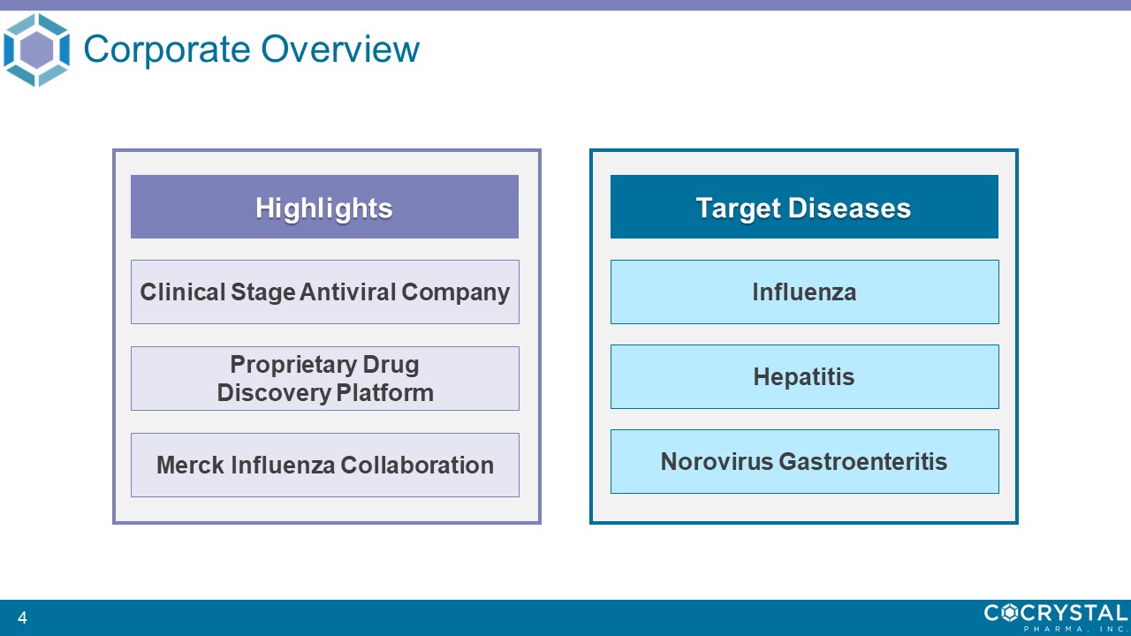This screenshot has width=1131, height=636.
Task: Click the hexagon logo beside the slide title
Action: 36,49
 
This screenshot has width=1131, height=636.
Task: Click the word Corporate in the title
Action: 167,49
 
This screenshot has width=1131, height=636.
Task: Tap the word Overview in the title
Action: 340,49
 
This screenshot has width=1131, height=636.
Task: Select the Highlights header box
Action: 324,207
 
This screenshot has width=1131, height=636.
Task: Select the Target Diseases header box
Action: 804,207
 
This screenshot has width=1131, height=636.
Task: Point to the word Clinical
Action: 182,291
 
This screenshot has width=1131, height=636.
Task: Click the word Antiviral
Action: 348,291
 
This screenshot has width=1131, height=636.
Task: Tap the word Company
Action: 455,292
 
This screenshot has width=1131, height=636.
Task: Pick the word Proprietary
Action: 294,365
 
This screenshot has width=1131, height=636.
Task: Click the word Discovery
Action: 274,393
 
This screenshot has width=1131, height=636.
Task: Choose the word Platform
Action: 384,393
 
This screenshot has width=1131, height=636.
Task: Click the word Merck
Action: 190,465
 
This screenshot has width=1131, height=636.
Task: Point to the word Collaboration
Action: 417,465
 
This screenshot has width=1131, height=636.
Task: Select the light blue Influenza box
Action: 805,291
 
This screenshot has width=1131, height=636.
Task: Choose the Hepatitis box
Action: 805,376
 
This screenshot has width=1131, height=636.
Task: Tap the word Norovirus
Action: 717,461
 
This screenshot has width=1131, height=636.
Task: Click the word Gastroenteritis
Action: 863,461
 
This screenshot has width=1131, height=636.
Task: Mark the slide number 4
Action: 22,617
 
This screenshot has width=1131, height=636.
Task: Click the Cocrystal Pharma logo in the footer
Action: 1055,617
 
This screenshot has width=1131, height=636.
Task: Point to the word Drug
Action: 391,365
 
